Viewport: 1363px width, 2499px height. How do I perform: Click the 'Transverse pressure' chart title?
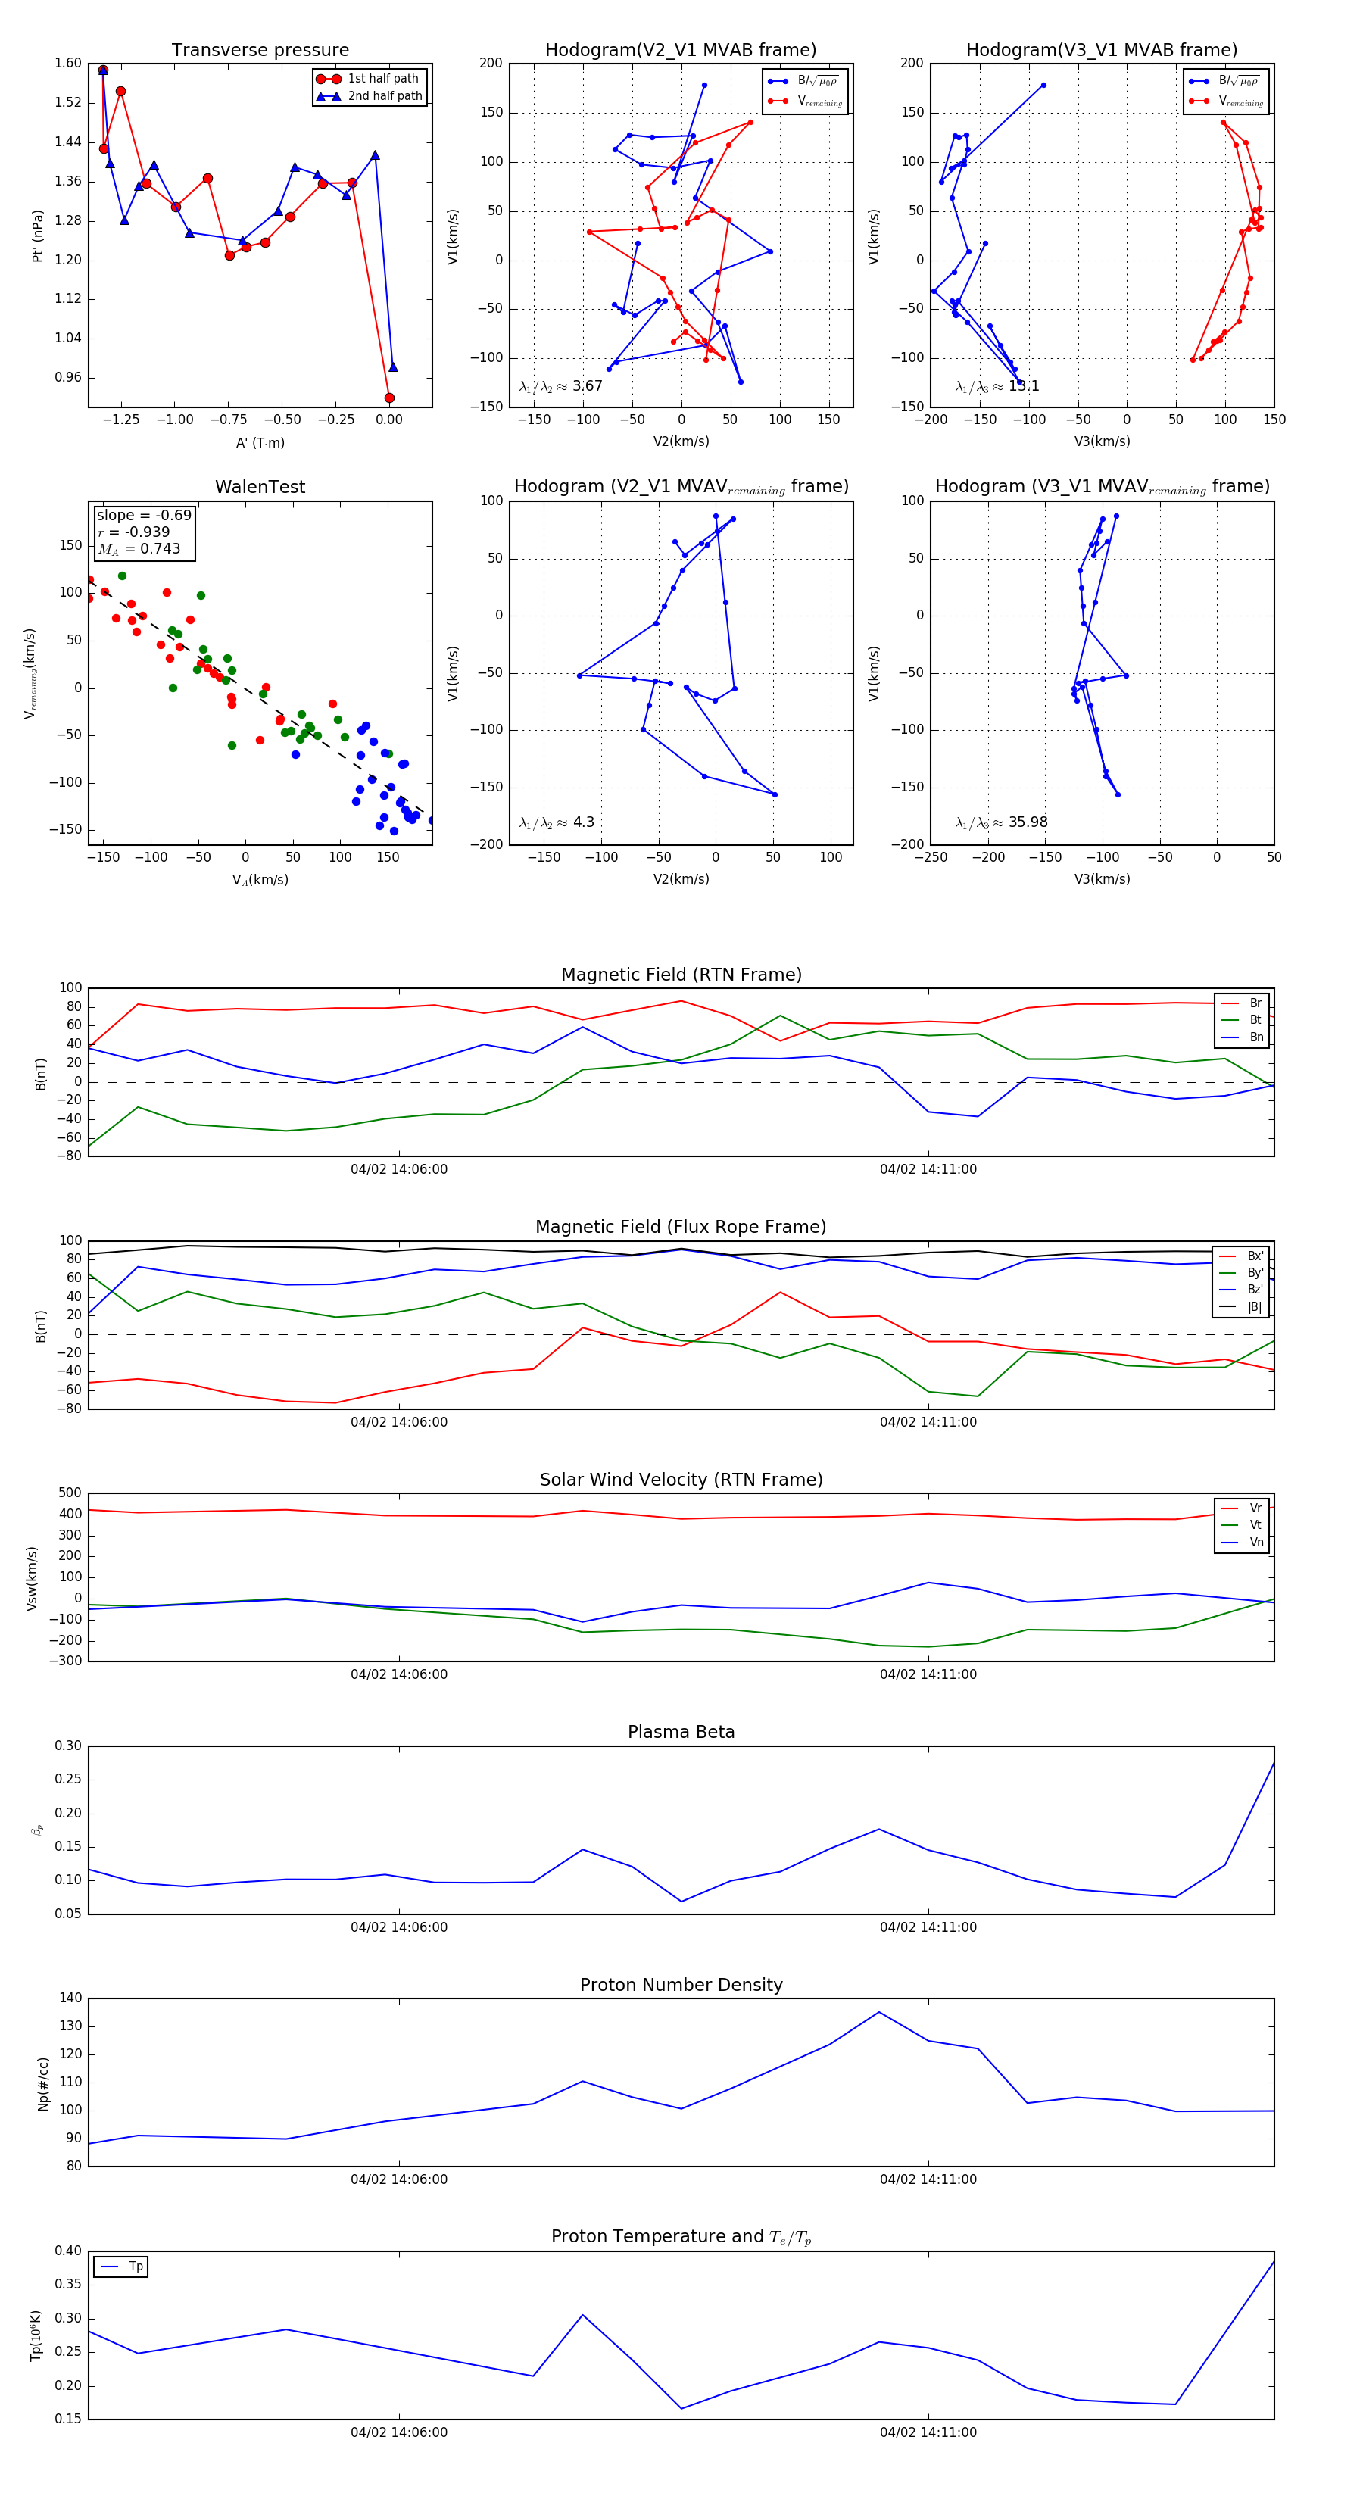[x=260, y=51]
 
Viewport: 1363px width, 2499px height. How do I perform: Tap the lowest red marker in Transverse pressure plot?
[x=389, y=398]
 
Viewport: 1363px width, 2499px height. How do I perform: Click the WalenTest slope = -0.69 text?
[x=144, y=515]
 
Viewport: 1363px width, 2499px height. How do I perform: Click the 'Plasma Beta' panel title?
[x=681, y=1732]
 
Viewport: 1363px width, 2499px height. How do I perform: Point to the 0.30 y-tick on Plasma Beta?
[x=69, y=1746]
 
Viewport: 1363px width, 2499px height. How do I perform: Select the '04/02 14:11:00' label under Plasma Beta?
[x=928, y=1927]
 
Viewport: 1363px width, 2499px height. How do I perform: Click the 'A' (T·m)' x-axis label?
[x=260, y=442]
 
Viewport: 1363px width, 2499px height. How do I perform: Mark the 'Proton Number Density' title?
[x=681, y=1985]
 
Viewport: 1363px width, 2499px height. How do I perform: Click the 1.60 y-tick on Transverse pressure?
[x=68, y=63]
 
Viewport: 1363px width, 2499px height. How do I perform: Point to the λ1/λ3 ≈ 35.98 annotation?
[x=1001, y=822]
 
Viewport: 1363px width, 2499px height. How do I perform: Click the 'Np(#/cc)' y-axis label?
[x=42, y=2082]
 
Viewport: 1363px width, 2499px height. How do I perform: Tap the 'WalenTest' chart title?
[x=260, y=487]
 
